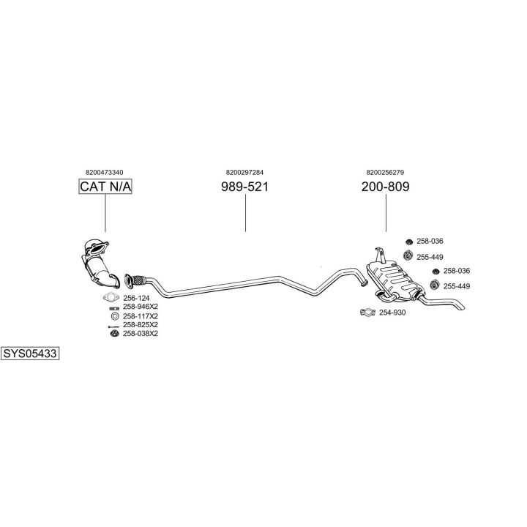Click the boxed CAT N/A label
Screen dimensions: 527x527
[x=105, y=187]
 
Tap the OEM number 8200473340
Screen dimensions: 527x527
[x=105, y=172]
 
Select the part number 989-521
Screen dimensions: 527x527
[x=245, y=187]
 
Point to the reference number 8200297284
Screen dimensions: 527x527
[x=245, y=172]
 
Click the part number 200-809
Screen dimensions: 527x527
[x=385, y=187]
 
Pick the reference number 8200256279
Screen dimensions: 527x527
[x=385, y=172]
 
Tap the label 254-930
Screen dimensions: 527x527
[x=392, y=313]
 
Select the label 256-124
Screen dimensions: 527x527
[x=136, y=298]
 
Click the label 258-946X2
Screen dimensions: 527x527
[x=141, y=307]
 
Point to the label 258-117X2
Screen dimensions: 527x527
[x=141, y=315]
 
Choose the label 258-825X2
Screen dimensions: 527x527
[x=141, y=324]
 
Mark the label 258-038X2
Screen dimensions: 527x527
[x=141, y=333]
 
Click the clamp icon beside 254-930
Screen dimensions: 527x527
[x=368, y=313]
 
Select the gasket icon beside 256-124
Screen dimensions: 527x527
[x=112, y=298]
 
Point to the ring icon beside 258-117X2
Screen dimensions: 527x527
[x=114, y=315]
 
